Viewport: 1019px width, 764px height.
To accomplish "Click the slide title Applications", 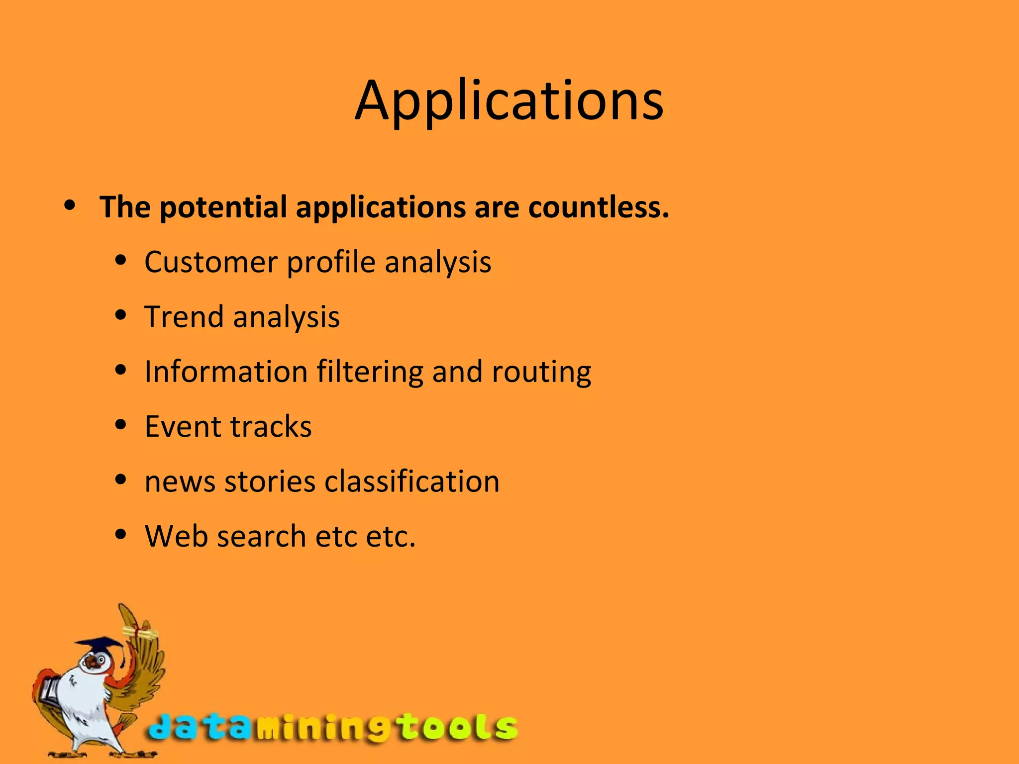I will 509,101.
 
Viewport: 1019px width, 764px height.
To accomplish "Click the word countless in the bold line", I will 598,207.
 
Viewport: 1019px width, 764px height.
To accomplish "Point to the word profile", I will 331,262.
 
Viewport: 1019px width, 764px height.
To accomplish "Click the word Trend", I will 184,317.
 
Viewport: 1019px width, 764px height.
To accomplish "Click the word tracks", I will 271,426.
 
